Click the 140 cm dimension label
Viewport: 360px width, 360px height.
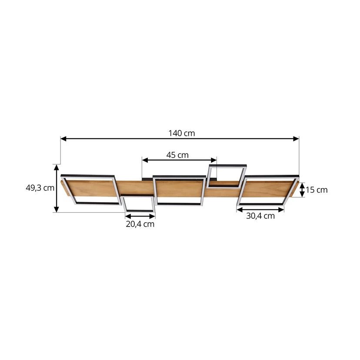[x=182, y=133]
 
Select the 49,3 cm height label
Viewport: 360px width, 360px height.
[x=40, y=188]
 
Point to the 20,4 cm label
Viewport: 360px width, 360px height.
[x=140, y=224]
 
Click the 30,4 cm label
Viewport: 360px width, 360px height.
[x=260, y=216]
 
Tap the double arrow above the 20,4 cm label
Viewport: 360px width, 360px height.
[x=140, y=216]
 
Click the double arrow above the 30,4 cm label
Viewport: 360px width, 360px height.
[x=260, y=210]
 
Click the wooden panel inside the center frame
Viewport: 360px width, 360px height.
[x=179, y=190]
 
